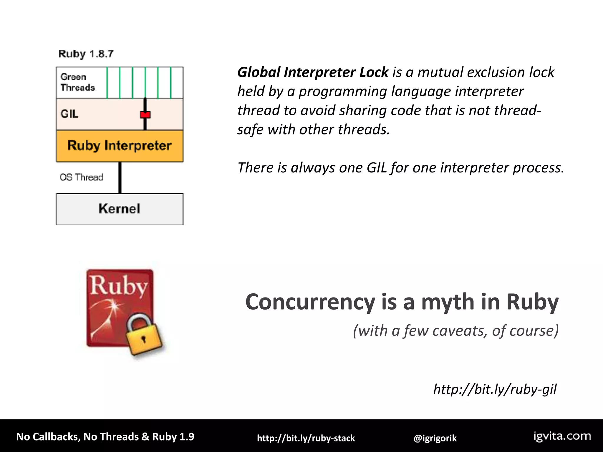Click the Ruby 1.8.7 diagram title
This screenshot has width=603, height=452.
(x=86, y=54)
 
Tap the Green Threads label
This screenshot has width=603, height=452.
(x=77, y=82)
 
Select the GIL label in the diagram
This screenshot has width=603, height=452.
(x=69, y=114)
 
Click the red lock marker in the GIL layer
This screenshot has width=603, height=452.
(x=145, y=114)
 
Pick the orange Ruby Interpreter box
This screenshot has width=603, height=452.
(x=120, y=146)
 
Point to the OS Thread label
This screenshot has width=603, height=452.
(x=81, y=177)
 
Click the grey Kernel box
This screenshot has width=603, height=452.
(x=120, y=209)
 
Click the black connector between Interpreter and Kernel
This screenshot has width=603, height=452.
(x=120, y=178)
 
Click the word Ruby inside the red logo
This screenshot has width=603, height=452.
(x=118, y=286)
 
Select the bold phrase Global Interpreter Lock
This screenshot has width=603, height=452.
(x=313, y=72)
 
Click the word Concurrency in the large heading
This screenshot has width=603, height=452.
(x=310, y=302)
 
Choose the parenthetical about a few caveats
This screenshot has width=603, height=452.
(x=455, y=331)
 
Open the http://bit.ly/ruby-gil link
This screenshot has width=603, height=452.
(x=495, y=389)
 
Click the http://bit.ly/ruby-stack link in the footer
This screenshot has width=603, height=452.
(x=306, y=438)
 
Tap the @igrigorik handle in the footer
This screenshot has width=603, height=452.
(x=435, y=438)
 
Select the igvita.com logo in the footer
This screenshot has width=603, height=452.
(x=562, y=436)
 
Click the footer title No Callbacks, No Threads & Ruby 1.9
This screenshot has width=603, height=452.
(x=105, y=437)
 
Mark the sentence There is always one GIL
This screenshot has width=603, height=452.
(x=401, y=168)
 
